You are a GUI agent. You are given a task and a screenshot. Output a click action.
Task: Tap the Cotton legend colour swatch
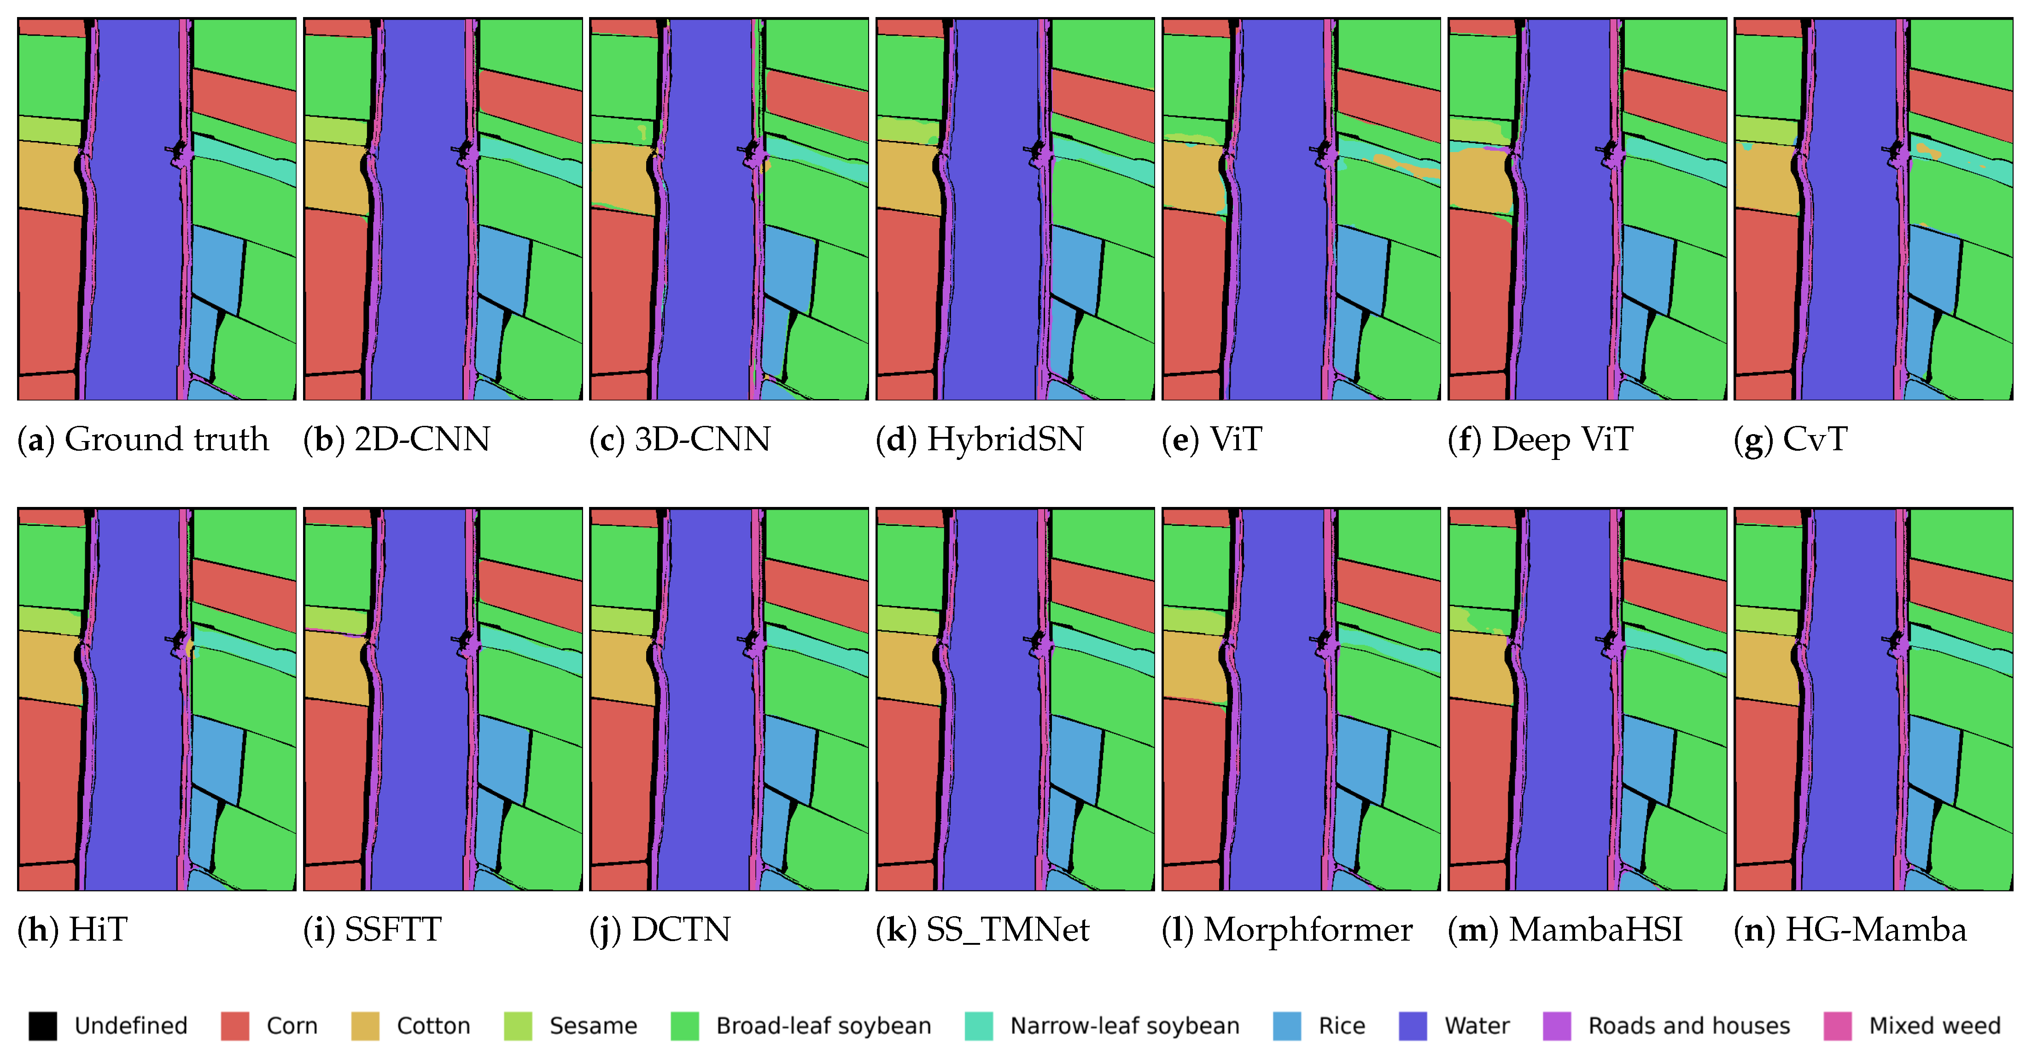[x=364, y=1026]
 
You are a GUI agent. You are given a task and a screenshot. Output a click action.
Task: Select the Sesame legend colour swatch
[x=518, y=1026]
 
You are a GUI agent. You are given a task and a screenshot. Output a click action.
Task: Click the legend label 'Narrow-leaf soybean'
[x=1124, y=1026]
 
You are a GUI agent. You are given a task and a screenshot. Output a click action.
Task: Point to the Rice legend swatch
[x=1286, y=1026]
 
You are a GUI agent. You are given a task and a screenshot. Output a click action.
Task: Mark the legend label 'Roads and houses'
[x=1688, y=1026]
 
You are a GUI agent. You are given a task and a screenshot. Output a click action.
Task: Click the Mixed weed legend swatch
[x=1837, y=1026]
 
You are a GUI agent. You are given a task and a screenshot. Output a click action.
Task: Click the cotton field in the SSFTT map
[x=333, y=667]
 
